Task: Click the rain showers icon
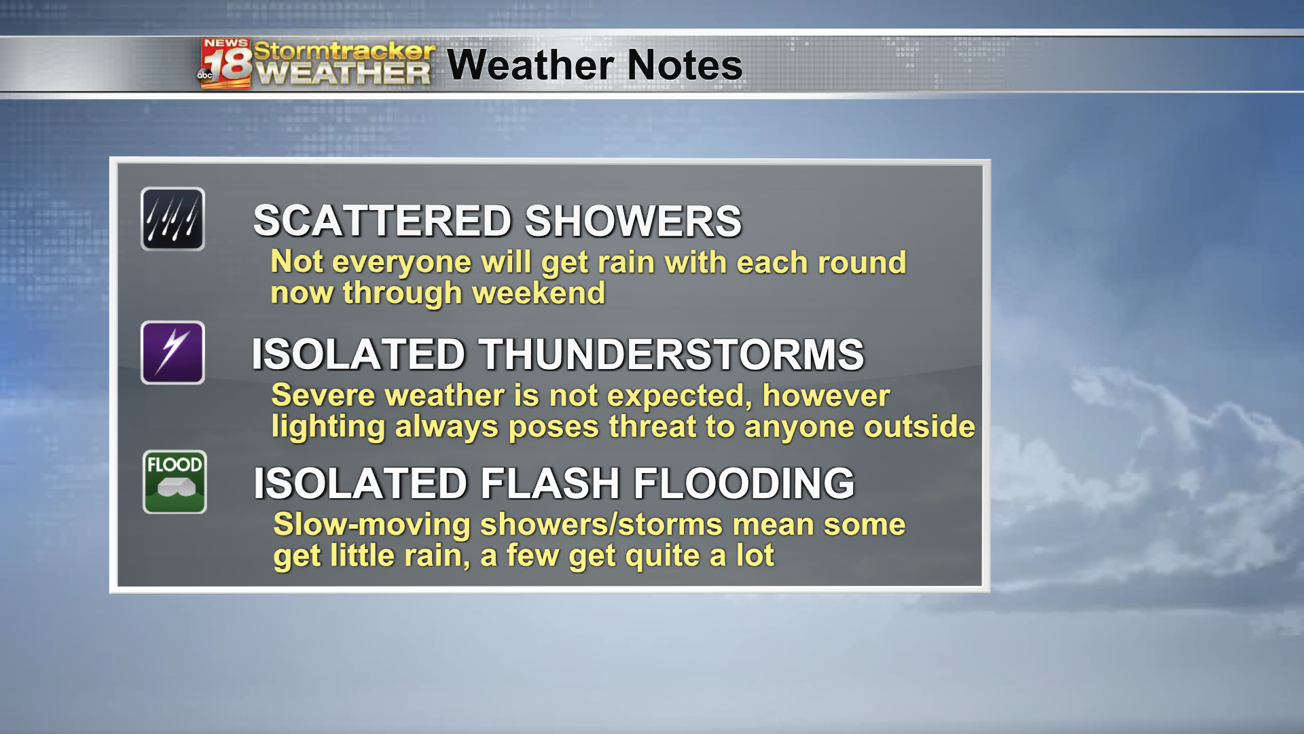click(x=173, y=219)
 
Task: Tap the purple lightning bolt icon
click(x=173, y=353)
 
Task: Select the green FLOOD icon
click(x=175, y=482)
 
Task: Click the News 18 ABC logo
click(x=225, y=64)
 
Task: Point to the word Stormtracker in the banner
click(x=344, y=51)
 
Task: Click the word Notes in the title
click(x=685, y=65)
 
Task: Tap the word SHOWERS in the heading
click(x=634, y=221)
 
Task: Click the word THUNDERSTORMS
click(x=672, y=354)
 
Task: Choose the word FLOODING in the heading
click(x=744, y=483)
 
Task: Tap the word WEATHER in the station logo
click(x=344, y=73)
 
